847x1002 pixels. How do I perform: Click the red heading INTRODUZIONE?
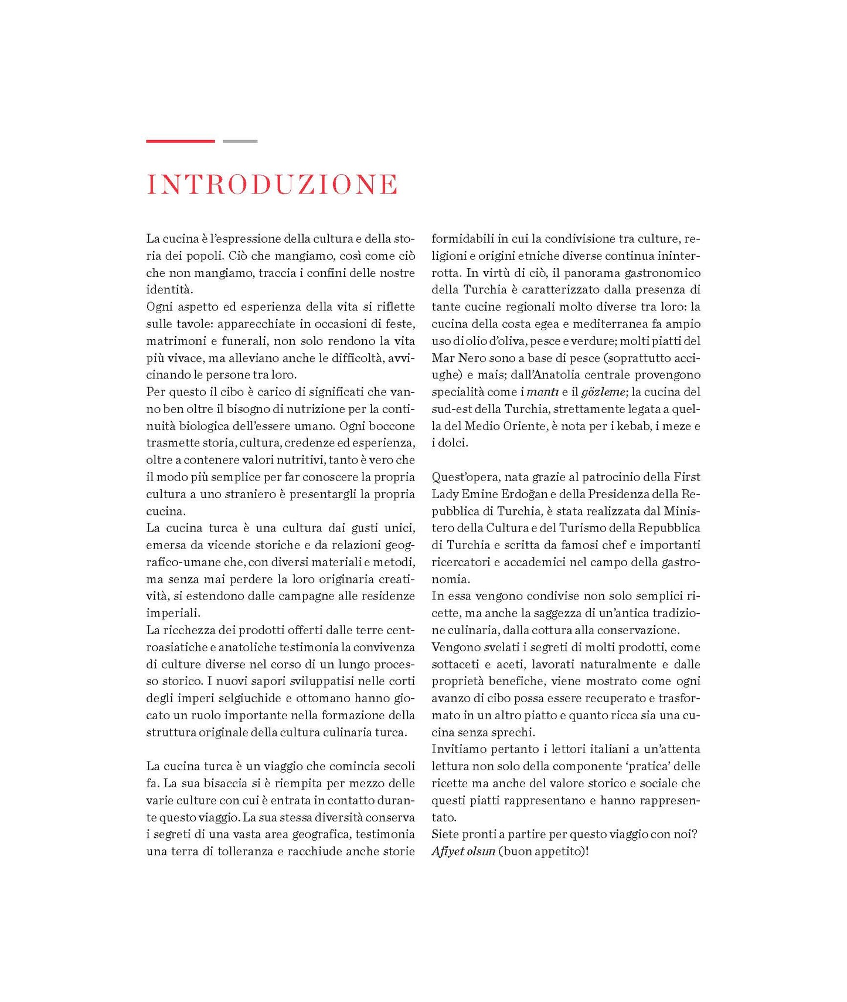click(x=272, y=184)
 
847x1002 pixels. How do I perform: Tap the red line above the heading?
click(x=180, y=141)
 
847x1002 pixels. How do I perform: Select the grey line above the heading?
click(x=240, y=141)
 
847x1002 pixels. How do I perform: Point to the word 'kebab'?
click(x=634, y=426)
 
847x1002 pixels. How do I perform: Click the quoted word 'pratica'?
click(x=642, y=766)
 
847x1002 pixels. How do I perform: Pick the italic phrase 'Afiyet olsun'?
click(x=463, y=851)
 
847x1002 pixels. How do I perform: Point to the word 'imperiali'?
click(x=173, y=613)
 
